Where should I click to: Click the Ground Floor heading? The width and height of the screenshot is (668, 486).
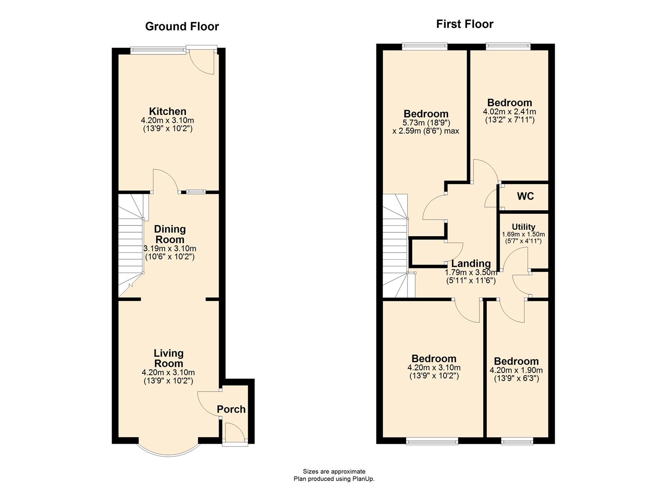coord(182,27)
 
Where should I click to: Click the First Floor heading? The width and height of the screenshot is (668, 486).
coord(464,24)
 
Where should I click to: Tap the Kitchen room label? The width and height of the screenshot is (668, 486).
coord(167,111)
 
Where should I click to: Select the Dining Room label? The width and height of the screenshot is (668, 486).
coord(170,234)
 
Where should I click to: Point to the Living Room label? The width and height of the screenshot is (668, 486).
coord(168,358)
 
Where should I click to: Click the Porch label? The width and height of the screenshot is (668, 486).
coord(231,409)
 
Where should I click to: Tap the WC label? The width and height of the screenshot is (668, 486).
coord(525,196)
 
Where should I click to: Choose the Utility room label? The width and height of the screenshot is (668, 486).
coord(523,227)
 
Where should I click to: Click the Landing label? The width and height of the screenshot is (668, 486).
coord(471,264)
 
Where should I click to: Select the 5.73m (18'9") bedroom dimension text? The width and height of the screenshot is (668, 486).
coord(426,122)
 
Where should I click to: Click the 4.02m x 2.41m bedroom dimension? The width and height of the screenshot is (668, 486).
coord(509,112)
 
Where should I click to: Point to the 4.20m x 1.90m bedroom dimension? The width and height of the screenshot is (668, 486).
coord(516,370)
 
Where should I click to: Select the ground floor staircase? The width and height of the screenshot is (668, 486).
coord(131,245)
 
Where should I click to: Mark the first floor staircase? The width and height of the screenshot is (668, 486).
coord(396,245)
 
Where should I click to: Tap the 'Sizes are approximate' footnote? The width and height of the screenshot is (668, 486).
coord(334,472)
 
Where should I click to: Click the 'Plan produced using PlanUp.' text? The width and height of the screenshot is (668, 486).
coord(334,479)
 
